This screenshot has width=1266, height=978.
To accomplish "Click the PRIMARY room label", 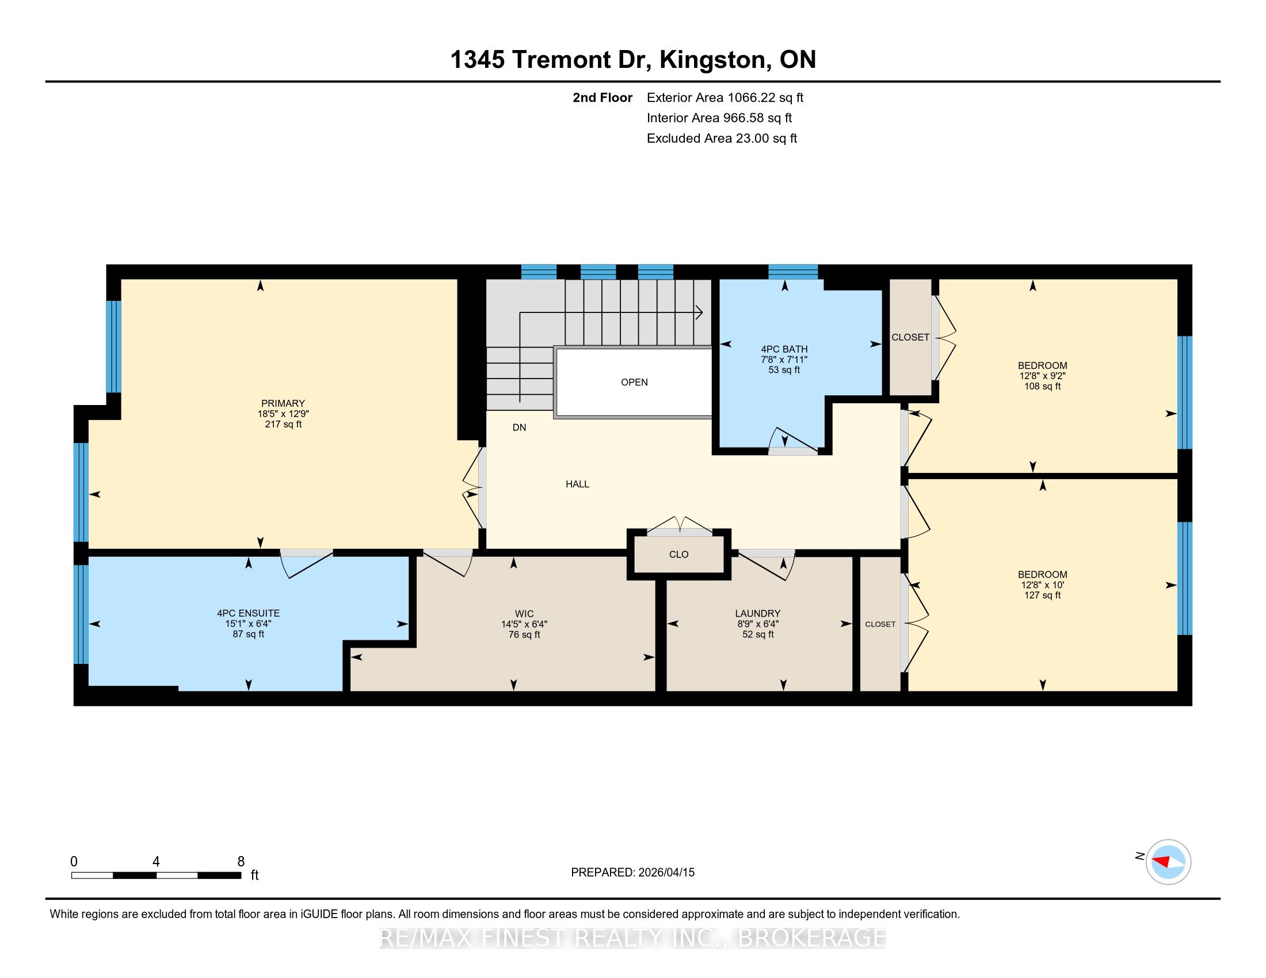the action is click(283, 403).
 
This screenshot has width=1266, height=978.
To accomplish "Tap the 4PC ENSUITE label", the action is click(248, 613).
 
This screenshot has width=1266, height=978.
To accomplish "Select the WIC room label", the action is click(524, 614).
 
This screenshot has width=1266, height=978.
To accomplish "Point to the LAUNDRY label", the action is click(758, 613).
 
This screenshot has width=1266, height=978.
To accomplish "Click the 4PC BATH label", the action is click(784, 349).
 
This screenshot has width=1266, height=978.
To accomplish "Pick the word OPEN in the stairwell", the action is click(634, 382).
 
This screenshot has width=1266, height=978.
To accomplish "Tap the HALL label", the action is click(577, 484).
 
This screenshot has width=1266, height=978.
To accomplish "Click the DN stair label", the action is click(520, 427).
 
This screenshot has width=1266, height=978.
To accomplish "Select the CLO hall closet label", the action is click(679, 555).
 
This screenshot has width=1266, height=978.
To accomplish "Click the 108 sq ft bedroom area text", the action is click(1042, 386).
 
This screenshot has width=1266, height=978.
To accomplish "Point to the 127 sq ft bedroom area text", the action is click(1042, 595).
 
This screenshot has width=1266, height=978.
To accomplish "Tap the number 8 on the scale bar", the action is click(241, 862).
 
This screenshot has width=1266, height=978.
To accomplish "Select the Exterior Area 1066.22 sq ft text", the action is click(725, 97).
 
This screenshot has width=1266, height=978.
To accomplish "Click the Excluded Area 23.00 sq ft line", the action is click(722, 138).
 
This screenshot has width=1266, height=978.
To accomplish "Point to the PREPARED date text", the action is click(632, 872).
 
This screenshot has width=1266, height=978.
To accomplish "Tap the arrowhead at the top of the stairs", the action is click(700, 313).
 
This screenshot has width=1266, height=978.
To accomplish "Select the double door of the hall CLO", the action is click(680, 524).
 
